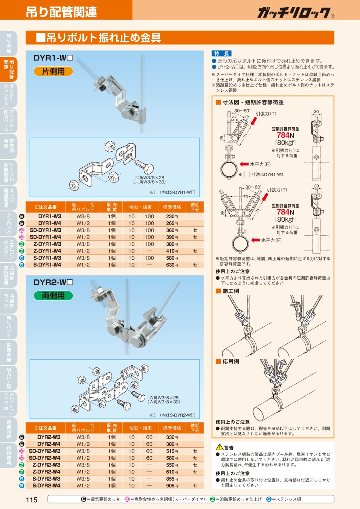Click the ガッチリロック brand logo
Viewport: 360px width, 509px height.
[x=296, y=12]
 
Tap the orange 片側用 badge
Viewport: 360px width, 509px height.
[x=53, y=71]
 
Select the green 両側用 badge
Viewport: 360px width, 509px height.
[x=53, y=295]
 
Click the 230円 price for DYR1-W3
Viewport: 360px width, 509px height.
[x=172, y=216]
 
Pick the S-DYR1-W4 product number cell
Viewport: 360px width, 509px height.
[x=47, y=265]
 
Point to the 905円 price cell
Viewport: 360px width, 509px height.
[x=172, y=486]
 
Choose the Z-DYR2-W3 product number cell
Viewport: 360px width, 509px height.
[x=46, y=465]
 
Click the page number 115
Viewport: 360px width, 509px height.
[x=32, y=500]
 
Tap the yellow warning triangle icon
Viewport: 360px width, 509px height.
[x=220, y=447]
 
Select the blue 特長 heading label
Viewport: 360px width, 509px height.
[x=222, y=54]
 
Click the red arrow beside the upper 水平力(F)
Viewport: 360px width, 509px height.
[x=244, y=164]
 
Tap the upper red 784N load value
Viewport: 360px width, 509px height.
[x=285, y=135]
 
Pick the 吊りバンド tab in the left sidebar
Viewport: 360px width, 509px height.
[x=9, y=327]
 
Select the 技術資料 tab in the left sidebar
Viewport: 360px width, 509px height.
[x=9, y=455]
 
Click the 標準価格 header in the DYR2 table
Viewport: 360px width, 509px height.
[x=172, y=428]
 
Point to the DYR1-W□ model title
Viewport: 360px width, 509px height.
[x=53, y=58]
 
